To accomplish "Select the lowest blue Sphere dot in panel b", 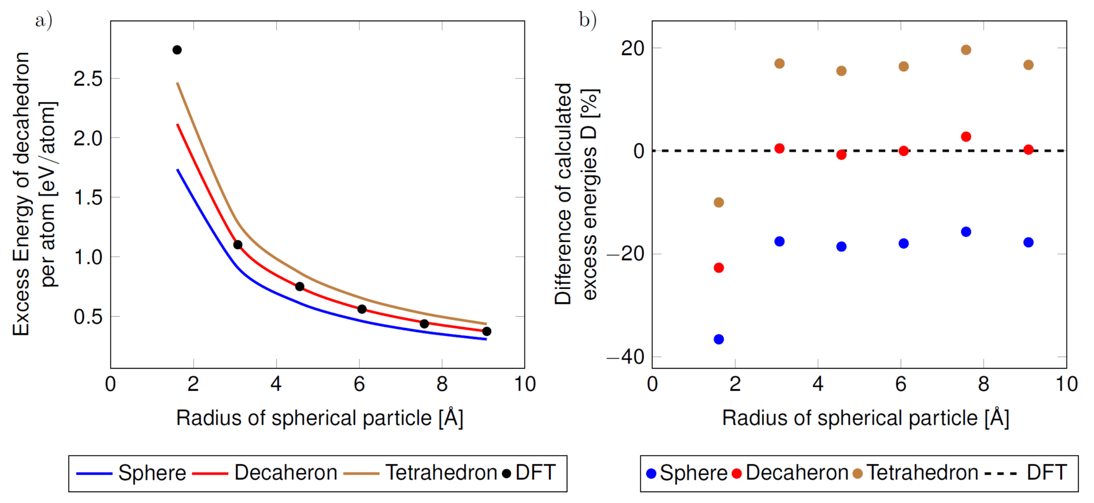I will pyautogui.click(x=719, y=339).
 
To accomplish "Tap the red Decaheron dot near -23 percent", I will pyautogui.click(x=719, y=268).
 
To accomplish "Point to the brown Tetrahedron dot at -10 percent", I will pyautogui.click(x=719, y=202).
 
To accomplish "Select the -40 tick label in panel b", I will pyautogui.click(x=625, y=357).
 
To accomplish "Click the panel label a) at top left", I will pyautogui.click(x=44, y=20).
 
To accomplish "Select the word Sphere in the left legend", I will pyautogui.click(x=152, y=473).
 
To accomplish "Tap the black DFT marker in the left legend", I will pyautogui.click(x=506, y=473).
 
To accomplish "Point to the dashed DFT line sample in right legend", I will pyautogui.click(x=1000, y=473).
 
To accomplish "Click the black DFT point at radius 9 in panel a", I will pyautogui.click(x=487, y=331).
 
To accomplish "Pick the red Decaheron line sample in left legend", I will pyautogui.click(x=210, y=473).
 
